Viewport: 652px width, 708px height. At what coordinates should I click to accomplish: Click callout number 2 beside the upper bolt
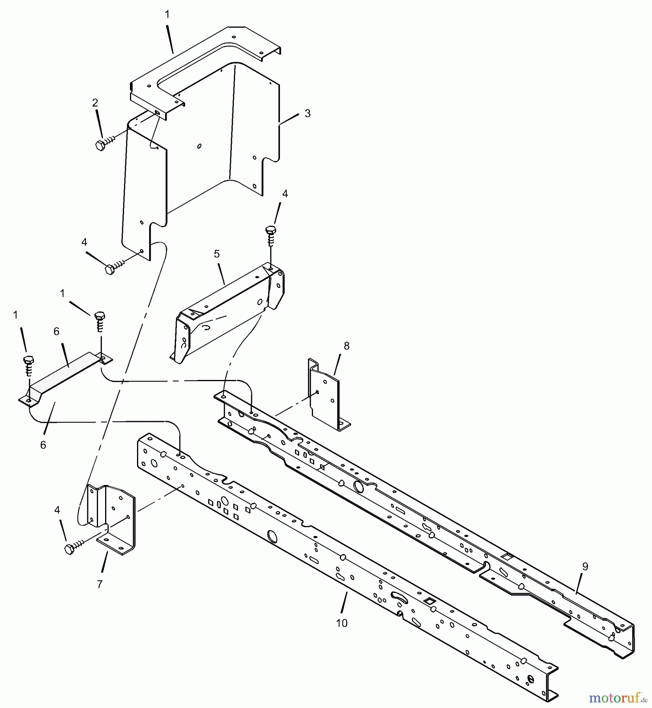click(x=95, y=103)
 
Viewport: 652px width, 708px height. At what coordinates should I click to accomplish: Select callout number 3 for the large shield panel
click(x=307, y=113)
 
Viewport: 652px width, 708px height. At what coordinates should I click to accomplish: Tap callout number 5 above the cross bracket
click(x=217, y=254)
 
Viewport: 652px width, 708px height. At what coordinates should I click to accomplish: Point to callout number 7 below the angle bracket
click(x=100, y=584)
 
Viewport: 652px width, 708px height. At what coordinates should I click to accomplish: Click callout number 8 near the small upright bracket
click(x=346, y=346)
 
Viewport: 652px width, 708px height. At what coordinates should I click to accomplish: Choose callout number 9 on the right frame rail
click(x=585, y=567)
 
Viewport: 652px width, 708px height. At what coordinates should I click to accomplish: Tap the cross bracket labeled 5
click(x=228, y=311)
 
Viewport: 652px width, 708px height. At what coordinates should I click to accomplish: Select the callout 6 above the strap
click(x=56, y=332)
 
